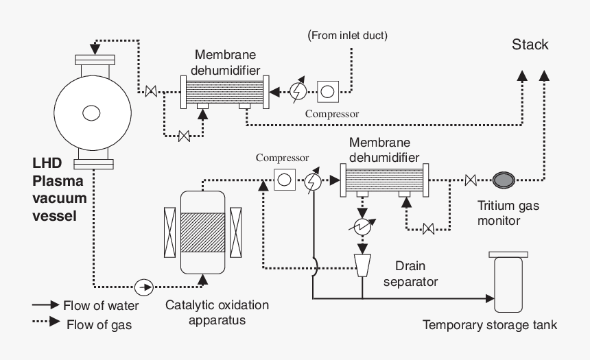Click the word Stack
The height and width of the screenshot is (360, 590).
point(530,45)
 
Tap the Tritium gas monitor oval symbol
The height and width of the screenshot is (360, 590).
point(504,180)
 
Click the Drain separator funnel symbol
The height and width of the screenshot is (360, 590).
point(362,264)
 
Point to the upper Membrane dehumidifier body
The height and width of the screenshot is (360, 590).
point(223,90)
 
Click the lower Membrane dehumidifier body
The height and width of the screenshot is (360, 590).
point(381,180)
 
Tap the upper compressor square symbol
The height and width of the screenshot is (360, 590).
point(327,90)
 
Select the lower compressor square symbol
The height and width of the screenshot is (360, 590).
point(283,181)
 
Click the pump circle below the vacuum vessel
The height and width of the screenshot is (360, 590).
point(143,286)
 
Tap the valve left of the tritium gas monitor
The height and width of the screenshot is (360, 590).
point(471,180)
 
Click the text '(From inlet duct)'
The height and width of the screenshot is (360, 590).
point(348,35)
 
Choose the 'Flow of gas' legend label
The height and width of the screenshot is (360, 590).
point(99,324)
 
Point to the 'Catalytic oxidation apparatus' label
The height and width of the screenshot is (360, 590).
point(217,312)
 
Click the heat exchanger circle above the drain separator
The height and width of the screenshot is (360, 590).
point(362,227)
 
